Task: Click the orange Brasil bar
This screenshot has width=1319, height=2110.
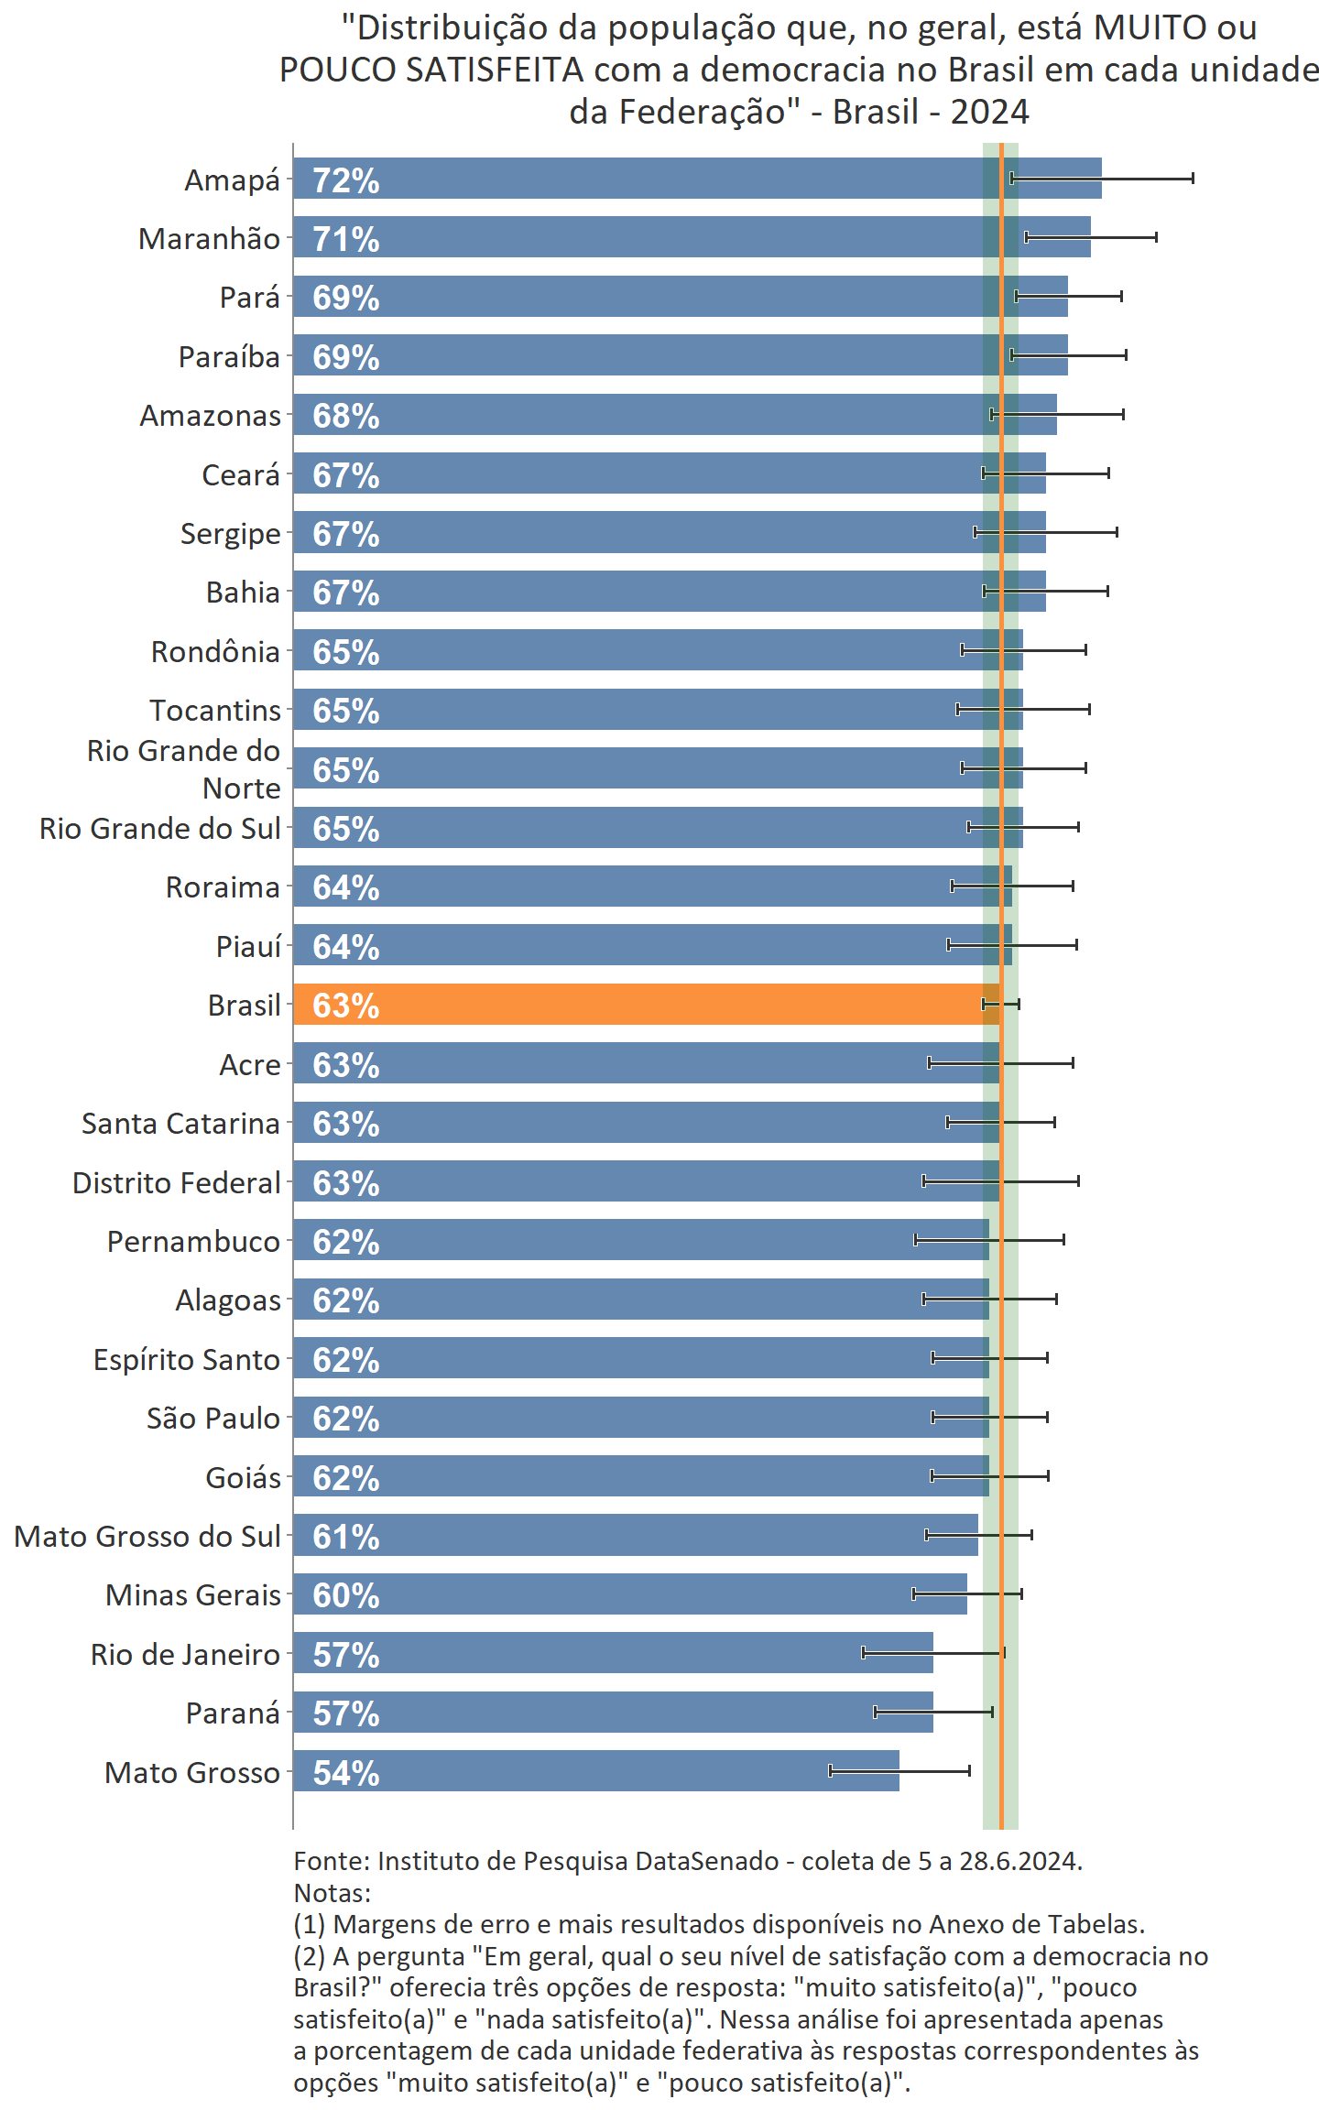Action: (x=641, y=1005)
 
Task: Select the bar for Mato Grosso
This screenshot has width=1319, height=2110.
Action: (x=595, y=1771)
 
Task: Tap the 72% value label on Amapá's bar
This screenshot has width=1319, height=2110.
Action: (x=345, y=180)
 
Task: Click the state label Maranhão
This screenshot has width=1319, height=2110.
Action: (x=209, y=239)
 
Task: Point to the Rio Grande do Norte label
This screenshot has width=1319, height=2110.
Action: (x=183, y=769)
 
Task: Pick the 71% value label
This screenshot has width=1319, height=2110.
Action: (x=345, y=239)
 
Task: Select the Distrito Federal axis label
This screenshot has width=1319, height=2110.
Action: (x=176, y=1182)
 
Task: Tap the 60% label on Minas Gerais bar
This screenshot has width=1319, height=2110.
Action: (x=345, y=1595)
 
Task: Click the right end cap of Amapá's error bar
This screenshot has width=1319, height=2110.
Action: (x=1193, y=179)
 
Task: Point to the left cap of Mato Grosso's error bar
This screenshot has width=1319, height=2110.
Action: (x=831, y=1771)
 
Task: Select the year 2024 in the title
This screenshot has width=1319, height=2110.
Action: (x=989, y=112)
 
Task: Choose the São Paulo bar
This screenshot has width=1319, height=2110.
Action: (x=641, y=1417)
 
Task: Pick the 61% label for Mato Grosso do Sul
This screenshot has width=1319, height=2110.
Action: (x=345, y=1537)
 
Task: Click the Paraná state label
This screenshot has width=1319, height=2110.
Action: (x=233, y=1713)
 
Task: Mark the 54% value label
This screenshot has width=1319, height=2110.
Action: (x=345, y=1773)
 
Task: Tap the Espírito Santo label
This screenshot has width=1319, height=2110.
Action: (x=186, y=1359)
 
